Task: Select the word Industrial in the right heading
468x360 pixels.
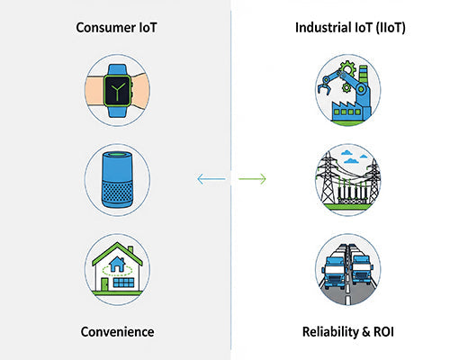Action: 324,28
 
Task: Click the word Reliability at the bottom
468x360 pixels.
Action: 328,332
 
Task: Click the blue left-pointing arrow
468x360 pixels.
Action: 211,180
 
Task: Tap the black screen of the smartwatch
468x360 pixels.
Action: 117,87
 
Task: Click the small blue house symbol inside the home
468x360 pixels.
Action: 117,265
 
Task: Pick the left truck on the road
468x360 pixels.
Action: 334,268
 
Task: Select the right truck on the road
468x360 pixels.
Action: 362,268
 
